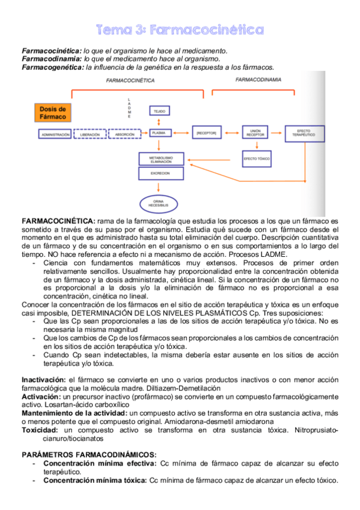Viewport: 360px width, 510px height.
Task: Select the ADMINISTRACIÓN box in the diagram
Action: coord(55,134)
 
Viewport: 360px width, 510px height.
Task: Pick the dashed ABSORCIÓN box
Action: coord(124,134)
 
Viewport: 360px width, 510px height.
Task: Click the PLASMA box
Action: coord(159,133)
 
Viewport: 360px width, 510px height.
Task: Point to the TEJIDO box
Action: coord(159,112)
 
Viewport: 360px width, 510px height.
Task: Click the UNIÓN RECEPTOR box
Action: coord(255,133)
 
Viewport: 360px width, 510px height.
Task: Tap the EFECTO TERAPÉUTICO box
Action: coord(304,133)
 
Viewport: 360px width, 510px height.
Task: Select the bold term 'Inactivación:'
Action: coord(44,380)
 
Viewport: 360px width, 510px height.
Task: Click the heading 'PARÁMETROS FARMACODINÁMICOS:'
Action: coord(89,454)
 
